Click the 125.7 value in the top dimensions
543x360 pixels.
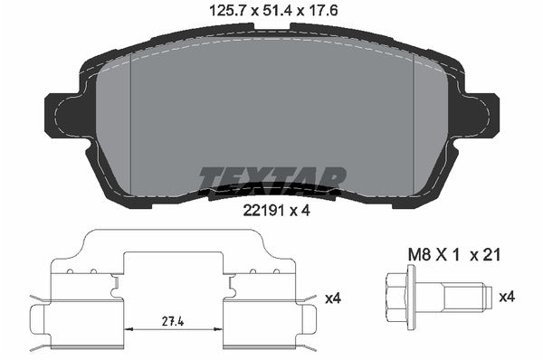(x=224, y=13)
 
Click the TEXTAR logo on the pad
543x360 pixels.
(x=271, y=178)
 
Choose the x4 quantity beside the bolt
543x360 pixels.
(x=507, y=296)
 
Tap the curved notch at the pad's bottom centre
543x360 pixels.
(x=271, y=191)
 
